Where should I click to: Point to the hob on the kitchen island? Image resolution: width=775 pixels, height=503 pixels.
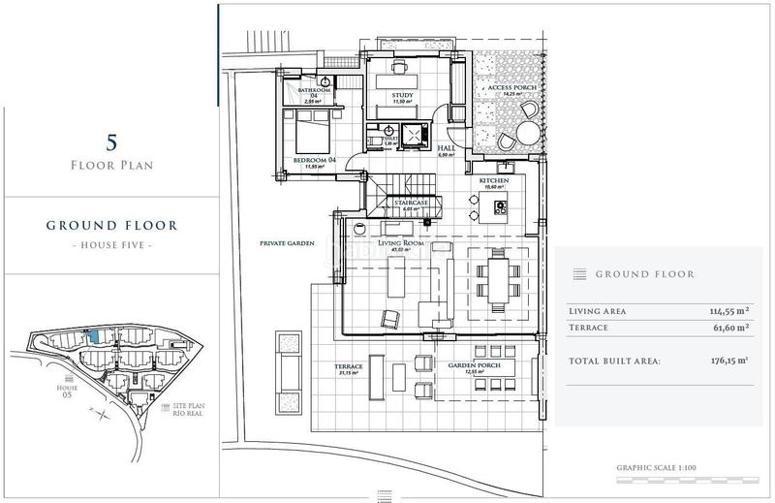501,205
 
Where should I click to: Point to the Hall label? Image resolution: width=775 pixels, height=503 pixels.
447,149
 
